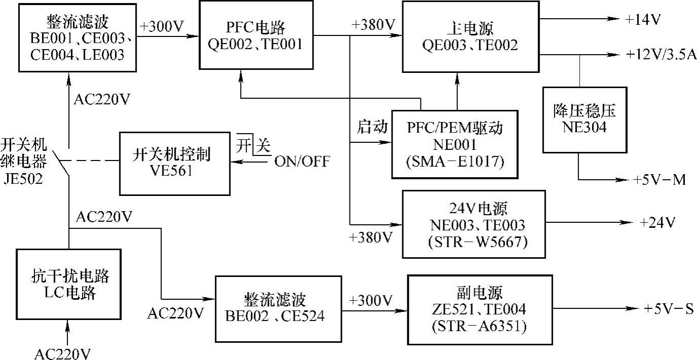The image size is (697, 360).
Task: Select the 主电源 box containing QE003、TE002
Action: coord(470,36)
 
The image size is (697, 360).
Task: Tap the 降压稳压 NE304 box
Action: coord(584,119)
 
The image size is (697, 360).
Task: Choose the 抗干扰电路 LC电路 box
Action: coord(69,284)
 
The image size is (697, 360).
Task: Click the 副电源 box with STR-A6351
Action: coord(479,309)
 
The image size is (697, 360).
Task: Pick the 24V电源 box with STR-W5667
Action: coord(473,224)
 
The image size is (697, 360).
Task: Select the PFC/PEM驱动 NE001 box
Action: coord(455,144)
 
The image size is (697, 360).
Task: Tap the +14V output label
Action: coord(643,20)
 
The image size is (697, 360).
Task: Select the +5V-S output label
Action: coord(669,308)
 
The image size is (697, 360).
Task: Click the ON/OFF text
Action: coord(302,162)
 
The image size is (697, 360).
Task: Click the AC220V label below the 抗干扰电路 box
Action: coord(63,353)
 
